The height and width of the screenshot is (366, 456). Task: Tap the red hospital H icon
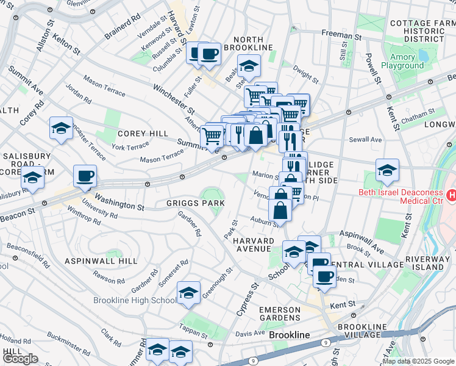tap(451, 195)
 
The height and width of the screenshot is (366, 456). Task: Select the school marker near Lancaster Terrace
tap(61, 128)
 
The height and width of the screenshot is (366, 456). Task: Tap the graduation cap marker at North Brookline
tap(248, 65)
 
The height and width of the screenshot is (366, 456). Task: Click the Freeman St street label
tap(341, 36)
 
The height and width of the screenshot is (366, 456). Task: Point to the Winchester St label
tap(174, 99)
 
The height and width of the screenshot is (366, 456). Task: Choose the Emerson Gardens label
tap(280, 314)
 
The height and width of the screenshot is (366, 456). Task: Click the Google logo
tap(20, 359)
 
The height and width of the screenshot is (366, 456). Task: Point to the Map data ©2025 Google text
tap(418, 361)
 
